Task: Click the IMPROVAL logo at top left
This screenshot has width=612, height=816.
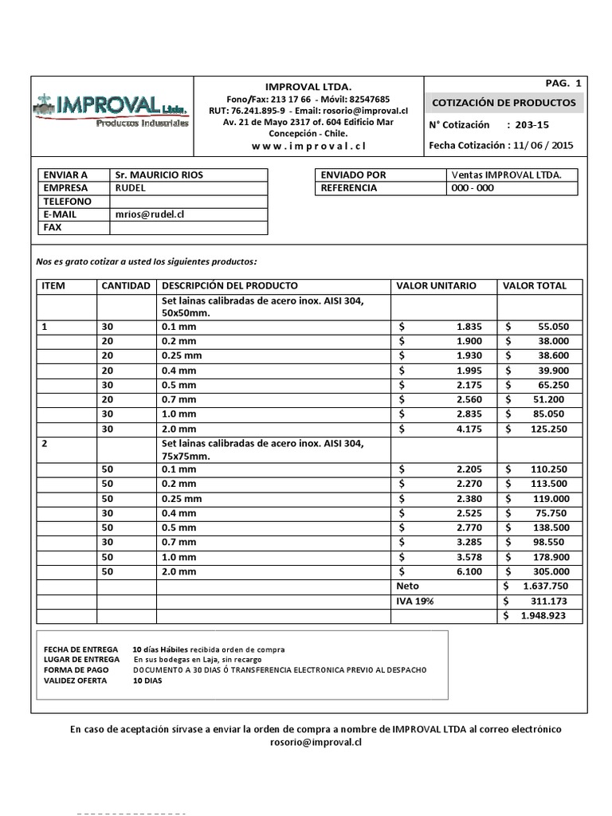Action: (x=112, y=109)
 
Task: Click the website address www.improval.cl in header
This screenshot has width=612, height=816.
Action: (x=308, y=146)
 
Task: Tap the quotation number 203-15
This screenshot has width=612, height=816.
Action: (x=532, y=125)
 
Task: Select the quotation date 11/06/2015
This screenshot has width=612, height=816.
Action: (x=544, y=145)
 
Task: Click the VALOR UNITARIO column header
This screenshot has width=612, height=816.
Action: (x=436, y=285)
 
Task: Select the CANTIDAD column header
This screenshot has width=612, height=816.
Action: (x=126, y=285)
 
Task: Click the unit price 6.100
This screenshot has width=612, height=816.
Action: (x=469, y=571)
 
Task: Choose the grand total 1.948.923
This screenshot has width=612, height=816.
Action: (x=544, y=615)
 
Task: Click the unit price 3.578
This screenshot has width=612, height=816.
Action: (x=469, y=557)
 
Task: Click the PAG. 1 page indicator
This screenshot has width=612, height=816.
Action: (x=564, y=84)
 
